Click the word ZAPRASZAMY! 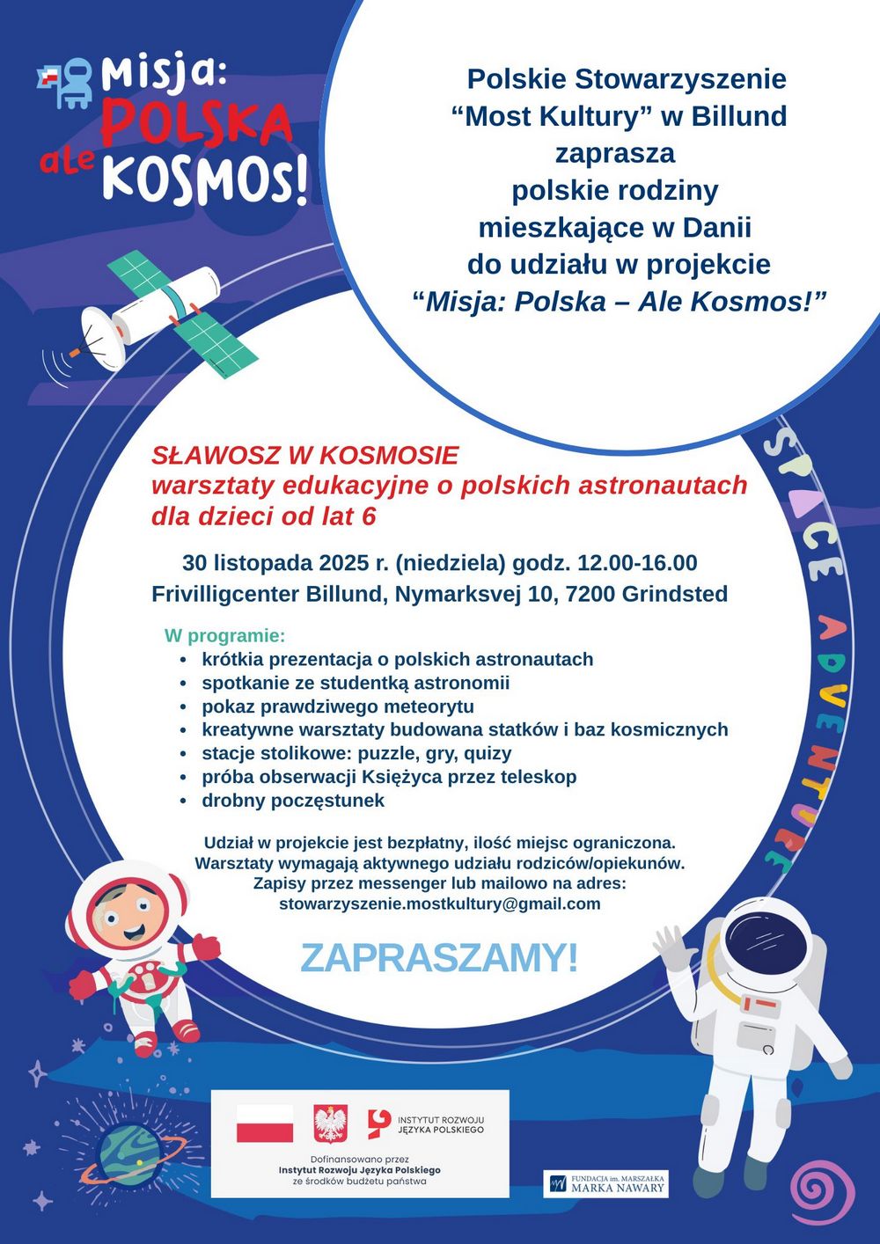pyautogui.click(x=439, y=958)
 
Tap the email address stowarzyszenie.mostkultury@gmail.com pyautogui.click(x=439, y=904)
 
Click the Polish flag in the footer pyautogui.click(x=265, y=1123)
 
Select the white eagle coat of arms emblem pyautogui.click(x=330, y=1123)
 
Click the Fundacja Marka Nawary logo pyautogui.click(x=605, y=1183)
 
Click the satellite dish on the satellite pyautogui.click(x=104, y=338)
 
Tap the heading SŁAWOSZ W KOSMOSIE pyautogui.click(x=304, y=456)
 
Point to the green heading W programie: pyautogui.click(x=224, y=635)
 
